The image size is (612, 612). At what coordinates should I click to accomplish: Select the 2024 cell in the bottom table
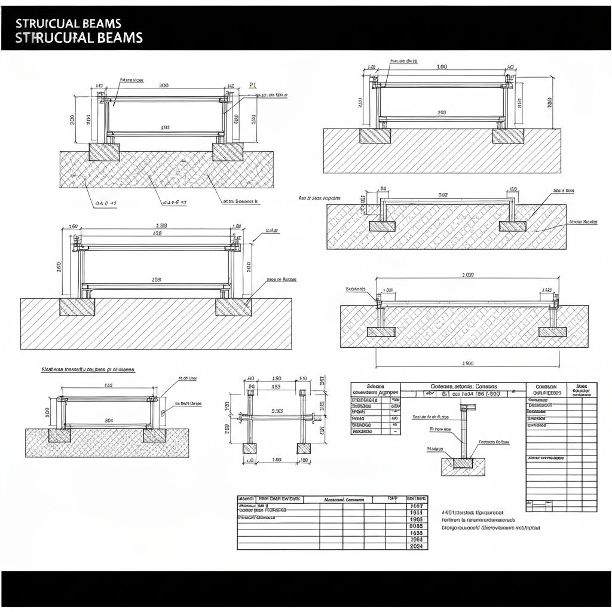417,546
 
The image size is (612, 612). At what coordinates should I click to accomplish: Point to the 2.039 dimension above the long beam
467,275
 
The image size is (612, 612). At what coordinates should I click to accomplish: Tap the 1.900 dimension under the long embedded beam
467,363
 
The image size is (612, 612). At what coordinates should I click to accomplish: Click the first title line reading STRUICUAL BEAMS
68,23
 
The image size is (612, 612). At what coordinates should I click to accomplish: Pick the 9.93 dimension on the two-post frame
277,411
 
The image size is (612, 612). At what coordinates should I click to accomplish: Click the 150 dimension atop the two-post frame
277,378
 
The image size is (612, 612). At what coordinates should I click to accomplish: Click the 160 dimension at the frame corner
74,227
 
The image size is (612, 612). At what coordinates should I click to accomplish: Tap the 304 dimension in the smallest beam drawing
109,420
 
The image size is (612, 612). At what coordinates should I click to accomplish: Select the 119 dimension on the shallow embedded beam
513,189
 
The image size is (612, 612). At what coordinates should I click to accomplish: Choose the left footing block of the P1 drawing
104,152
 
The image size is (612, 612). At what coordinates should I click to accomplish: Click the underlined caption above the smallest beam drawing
87,369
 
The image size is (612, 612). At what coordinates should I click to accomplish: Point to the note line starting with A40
472,512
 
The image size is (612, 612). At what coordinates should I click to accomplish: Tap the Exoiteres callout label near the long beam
356,289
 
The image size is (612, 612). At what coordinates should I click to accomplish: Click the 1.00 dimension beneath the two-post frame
277,460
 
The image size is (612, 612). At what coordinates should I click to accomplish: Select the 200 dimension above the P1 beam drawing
164,85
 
